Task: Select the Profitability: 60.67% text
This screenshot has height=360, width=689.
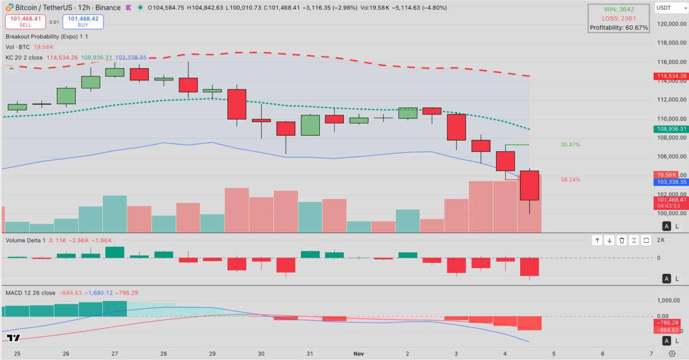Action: [x=618, y=28]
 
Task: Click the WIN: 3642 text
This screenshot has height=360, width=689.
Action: [x=618, y=9]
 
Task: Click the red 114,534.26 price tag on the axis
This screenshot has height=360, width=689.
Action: [x=671, y=76]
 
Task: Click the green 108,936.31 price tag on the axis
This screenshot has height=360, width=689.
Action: [x=671, y=113]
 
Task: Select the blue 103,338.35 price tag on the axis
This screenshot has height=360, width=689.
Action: [x=671, y=181]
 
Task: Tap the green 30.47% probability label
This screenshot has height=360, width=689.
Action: [x=570, y=145]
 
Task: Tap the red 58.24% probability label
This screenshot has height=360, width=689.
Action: [x=570, y=180]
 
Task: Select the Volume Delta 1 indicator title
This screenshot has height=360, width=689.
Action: [x=25, y=240]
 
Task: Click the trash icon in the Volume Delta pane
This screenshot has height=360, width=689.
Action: [x=621, y=240]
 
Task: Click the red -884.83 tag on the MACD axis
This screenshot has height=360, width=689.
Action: [x=671, y=330]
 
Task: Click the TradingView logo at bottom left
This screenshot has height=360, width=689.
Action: [x=15, y=338]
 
